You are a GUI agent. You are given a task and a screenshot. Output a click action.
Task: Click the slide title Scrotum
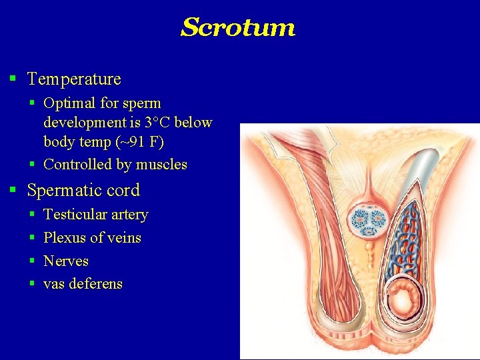click(x=238, y=28)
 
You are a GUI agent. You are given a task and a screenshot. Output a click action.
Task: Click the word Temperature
click(x=74, y=79)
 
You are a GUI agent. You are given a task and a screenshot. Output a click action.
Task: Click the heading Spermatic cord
click(x=83, y=191)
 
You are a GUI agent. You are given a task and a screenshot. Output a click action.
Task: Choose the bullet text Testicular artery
click(x=95, y=215)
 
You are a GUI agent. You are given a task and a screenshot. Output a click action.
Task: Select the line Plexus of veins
click(x=92, y=238)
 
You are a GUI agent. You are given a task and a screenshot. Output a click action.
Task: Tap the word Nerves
click(x=66, y=261)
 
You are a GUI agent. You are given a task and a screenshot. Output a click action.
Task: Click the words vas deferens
click(x=83, y=284)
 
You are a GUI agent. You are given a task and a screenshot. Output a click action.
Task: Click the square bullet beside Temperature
click(x=13, y=79)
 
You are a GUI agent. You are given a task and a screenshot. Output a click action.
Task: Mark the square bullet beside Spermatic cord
click(x=13, y=191)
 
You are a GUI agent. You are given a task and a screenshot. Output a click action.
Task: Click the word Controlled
click(x=73, y=165)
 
